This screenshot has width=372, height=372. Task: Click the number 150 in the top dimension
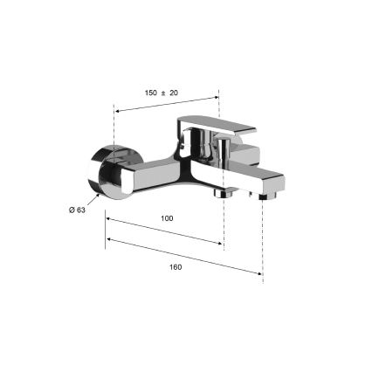pyautogui.click(x=150, y=92)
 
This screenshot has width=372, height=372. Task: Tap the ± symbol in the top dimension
pyautogui.click(x=162, y=92)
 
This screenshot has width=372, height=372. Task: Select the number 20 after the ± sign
pyautogui.click(x=173, y=92)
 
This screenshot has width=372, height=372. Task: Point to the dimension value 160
pyautogui.click(x=176, y=266)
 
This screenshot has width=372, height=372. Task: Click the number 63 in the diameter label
pyautogui.click(x=80, y=210)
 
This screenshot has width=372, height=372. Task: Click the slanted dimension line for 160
pyautogui.click(x=183, y=255)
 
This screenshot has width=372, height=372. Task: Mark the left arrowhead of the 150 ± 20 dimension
pyautogui.click(x=117, y=111)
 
